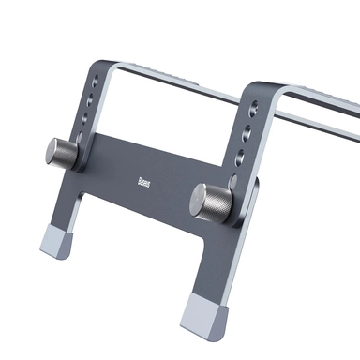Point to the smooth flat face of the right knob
[201, 201]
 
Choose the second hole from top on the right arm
[250, 125]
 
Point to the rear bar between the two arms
[309, 131]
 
